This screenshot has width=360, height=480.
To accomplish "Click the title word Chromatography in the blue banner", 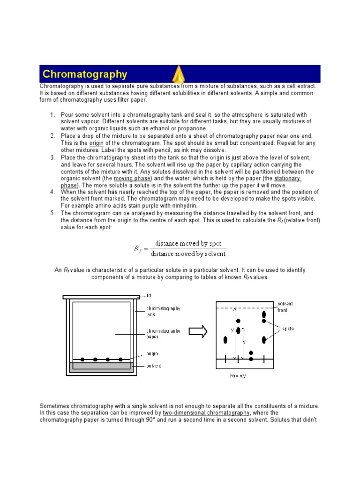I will click(x=85, y=74).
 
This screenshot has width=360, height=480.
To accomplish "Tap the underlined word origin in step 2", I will click(x=97, y=143).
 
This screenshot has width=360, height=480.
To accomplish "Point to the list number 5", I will click(x=52, y=213).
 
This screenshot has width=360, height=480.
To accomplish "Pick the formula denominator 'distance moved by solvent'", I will click(x=188, y=254).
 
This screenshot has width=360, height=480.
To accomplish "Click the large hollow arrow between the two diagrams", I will click(x=198, y=331).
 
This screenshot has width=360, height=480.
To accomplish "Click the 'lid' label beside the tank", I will click(x=148, y=295).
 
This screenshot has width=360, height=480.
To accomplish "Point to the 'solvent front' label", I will click(x=285, y=307).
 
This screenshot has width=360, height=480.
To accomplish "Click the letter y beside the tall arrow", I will click(x=232, y=330).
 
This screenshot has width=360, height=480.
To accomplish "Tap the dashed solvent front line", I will click(x=244, y=308).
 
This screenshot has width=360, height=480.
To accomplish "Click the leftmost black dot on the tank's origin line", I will click(x=82, y=359).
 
